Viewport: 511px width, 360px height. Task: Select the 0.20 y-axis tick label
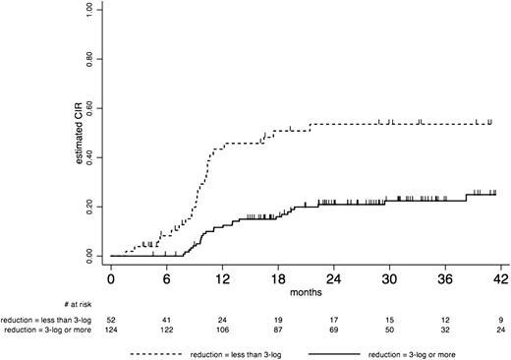pyautogui.click(x=89, y=207)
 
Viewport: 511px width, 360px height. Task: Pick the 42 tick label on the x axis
pyautogui.click(x=500, y=278)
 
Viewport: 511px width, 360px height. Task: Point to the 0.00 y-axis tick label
pyautogui.click(x=89, y=256)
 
